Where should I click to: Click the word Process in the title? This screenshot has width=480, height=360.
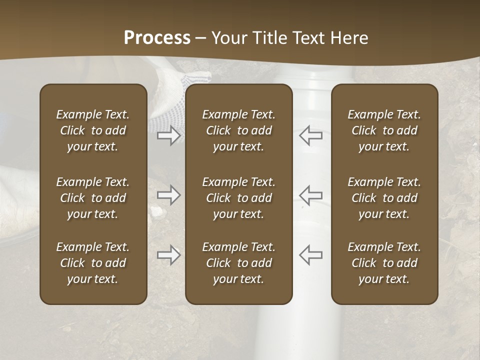(157, 38)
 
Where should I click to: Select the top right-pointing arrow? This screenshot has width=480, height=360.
(168, 135)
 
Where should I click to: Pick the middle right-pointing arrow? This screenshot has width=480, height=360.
(168, 195)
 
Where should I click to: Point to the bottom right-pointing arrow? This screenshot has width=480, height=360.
(168, 255)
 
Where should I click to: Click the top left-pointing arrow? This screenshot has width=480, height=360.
(310, 135)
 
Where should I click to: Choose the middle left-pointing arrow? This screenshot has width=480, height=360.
(310, 195)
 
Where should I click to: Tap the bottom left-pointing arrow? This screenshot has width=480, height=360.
(310, 255)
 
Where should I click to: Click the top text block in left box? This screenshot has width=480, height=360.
(93, 130)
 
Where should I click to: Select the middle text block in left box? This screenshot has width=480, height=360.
(93, 198)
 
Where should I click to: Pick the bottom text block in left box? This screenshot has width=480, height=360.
(93, 263)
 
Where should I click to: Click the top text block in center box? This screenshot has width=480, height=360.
(238, 130)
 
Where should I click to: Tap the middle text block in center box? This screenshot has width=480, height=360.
(238, 198)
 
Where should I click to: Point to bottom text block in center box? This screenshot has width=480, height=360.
(238, 263)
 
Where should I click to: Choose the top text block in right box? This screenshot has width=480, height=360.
(384, 130)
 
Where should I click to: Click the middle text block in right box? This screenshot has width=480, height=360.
(384, 198)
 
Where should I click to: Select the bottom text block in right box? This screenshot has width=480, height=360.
(384, 263)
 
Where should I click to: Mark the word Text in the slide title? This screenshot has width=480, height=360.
(308, 38)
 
